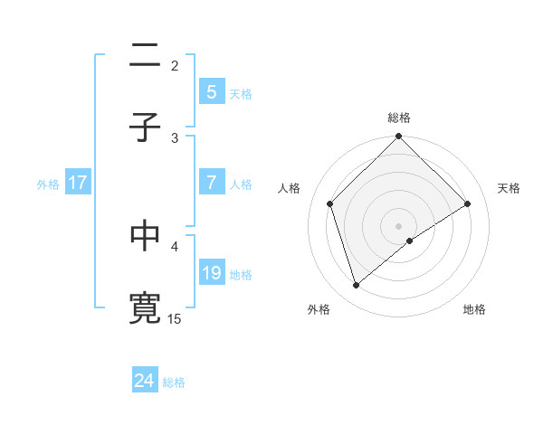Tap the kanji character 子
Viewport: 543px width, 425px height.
tap(145, 127)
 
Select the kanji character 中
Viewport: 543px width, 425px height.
tap(145, 236)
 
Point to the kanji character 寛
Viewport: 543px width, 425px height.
tap(145, 308)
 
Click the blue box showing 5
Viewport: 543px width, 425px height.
tap(211, 91)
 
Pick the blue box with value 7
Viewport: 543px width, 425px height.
tap(211, 182)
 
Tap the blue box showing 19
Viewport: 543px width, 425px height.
tap(211, 272)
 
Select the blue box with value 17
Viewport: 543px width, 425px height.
tap(78, 182)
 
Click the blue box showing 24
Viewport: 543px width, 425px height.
tap(144, 381)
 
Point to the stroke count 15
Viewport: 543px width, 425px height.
tap(175, 318)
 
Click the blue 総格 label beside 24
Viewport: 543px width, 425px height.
tap(174, 382)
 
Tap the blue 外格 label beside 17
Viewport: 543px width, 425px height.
tap(48, 184)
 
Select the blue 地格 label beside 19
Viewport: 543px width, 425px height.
tap(241, 274)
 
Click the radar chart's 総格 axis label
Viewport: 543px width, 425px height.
tap(399, 118)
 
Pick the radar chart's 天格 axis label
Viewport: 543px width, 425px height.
tap(509, 188)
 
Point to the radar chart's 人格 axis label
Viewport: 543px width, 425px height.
tap(290, 188)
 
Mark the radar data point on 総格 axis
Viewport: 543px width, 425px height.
tap(399, 137)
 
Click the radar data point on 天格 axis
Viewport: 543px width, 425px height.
tap(468, 203)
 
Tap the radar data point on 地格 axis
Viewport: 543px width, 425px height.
tap(410, 241)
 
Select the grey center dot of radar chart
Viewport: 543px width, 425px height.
tap(399, 225)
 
